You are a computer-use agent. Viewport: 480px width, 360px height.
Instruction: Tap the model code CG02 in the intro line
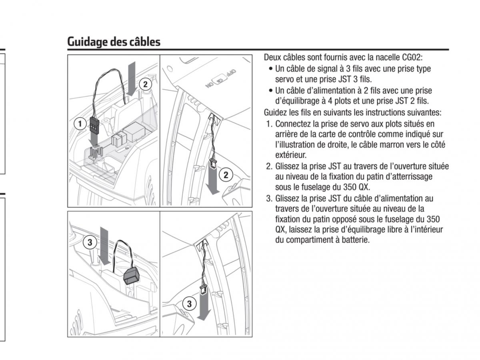click(x=411, y=57)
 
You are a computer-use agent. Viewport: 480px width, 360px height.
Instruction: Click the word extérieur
click(x=291, y=155)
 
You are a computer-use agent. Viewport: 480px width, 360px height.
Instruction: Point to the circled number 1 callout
click(x=80, y=124)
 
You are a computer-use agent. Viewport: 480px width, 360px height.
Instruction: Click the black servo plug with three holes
click(x=94, y=126)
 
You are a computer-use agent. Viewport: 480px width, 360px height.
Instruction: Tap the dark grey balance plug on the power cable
click(x=131, y=276)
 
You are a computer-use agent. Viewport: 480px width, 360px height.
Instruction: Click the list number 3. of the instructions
click(x=269, y=198)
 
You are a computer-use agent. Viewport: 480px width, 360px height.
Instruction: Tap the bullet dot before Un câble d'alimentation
click(x=271, y=90)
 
